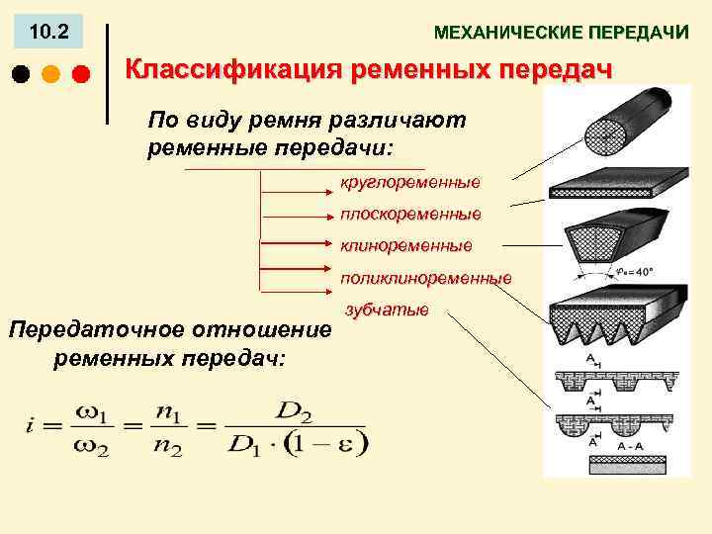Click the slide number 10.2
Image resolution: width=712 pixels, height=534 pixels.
click(48, 33)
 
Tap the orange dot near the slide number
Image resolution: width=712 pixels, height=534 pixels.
click(50, 74)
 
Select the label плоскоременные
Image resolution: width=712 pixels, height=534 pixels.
click(410, 213)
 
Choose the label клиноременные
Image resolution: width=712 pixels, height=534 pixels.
click(406, 244)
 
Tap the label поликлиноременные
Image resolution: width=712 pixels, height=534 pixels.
click(426, 278)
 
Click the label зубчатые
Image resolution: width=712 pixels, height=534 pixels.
click(387, 311)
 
